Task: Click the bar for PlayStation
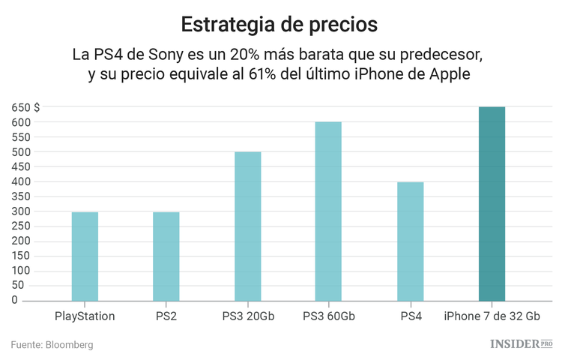(85, 256)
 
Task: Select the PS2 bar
(166, 256)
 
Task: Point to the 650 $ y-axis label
(25, 108)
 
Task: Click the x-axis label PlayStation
(85, 316)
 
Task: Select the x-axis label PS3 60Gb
(328, 316)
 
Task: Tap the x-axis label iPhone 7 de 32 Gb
(492, 316)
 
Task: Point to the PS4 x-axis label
(411, 316)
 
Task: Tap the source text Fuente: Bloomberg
(52, 345)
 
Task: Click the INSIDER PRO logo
(521, 344)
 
